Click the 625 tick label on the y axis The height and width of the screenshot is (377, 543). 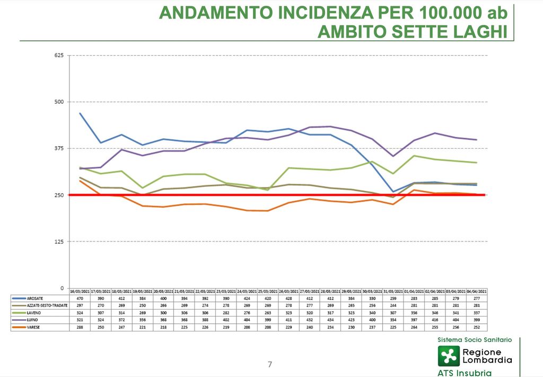click(x=58, y=55)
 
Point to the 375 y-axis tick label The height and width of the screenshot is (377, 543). click(x=58, y=148)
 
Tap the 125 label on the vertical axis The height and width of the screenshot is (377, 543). click(x=58, y=241)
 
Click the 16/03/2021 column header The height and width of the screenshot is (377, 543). click(x=80, y=292)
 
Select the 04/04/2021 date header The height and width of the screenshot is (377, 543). click(x=476, y=292)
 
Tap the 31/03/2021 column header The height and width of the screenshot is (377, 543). click(x=393, y=292)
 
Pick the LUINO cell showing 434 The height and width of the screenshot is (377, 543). click(x=330, y=321)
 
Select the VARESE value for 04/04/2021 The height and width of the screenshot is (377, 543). click(x=476, y=328)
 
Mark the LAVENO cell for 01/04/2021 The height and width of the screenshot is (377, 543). click(x=414, y=313)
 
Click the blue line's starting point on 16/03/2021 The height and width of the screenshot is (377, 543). click(x=80, y=113)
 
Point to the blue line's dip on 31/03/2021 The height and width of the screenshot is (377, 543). click(x=393, y=192)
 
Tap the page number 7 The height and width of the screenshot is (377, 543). click(x=270, y=364)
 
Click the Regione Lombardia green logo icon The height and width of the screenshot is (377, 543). click(x=448, y=356)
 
